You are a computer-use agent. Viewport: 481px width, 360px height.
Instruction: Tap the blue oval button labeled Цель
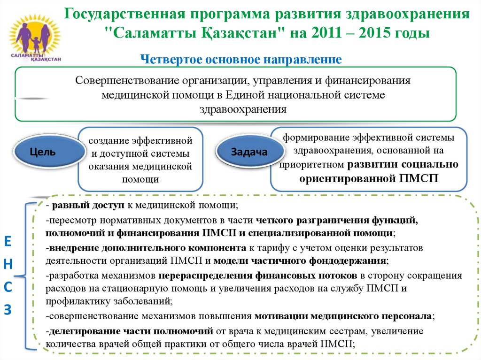tap(43, 152)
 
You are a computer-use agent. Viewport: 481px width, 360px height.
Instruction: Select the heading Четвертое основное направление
tap(240, 60)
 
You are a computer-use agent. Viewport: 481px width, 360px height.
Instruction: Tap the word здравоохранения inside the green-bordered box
tap(242, 109)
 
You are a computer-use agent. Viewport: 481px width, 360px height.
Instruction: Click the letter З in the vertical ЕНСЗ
tap(8, 309)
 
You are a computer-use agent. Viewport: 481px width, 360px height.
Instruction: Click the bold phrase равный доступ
tap(88, 205)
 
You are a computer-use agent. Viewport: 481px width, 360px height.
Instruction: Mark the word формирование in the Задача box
tap(312, 138)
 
